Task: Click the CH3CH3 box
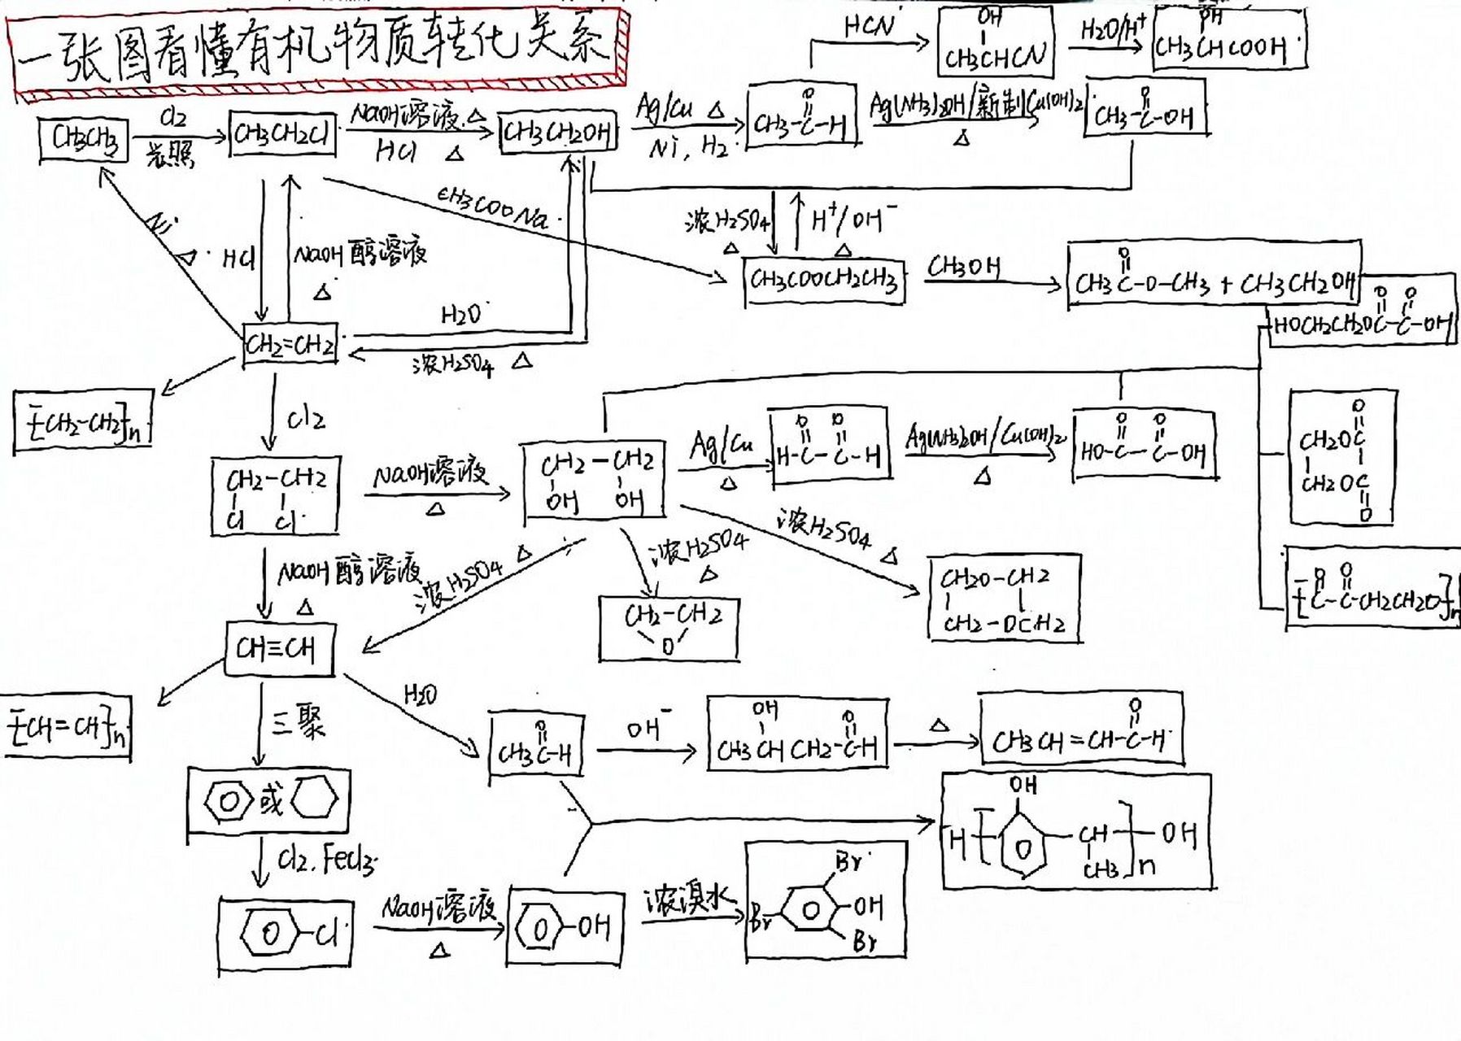(x=85, y=139)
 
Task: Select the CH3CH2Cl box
(x=282, y=133)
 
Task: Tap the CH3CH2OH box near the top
(x=556, y=132)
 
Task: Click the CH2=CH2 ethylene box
(x=290, y=345)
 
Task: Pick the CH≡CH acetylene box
(x=279, y=649)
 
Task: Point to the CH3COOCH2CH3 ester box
(x=823, y=281)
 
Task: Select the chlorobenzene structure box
(x=286, y=934)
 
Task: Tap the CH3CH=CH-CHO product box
(x=1080, y=730)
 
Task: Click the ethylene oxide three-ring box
(x=669, y=628)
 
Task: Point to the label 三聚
(x=299, y=720)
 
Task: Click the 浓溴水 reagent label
(x=688, y=901)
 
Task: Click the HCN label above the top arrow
(x=869, y=26)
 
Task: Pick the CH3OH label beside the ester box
(x=964, y=266)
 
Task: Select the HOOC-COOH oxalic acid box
(x=1144, y=446)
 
